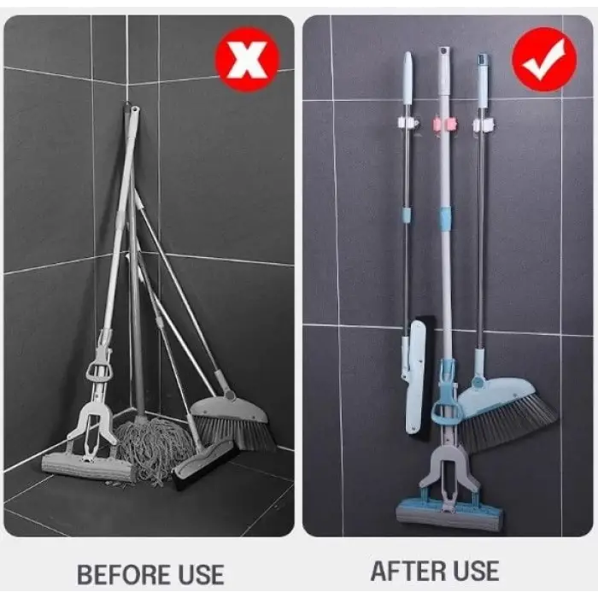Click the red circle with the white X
tap(248, 60)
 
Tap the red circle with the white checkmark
tap(543, 60)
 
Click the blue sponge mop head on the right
tap(449, 514)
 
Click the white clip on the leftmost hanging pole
tap(407, 124)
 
